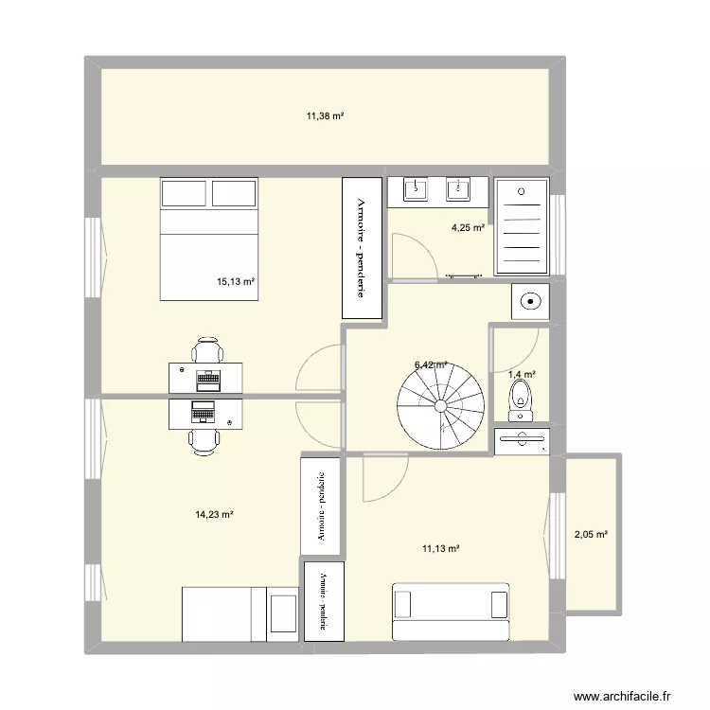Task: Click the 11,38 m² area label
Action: point(324,116)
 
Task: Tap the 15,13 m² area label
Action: point(238,281)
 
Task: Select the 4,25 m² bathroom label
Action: point(468,227)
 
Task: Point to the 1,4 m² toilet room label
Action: point(523,375)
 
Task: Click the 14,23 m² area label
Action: point(214,515)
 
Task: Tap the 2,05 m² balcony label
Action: point(591,535)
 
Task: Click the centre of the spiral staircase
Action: point(440,404)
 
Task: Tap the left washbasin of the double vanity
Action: point(416,188)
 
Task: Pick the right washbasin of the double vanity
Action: point(460,188)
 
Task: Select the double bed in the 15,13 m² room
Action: point(208,238)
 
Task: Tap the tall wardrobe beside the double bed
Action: point(361,247)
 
